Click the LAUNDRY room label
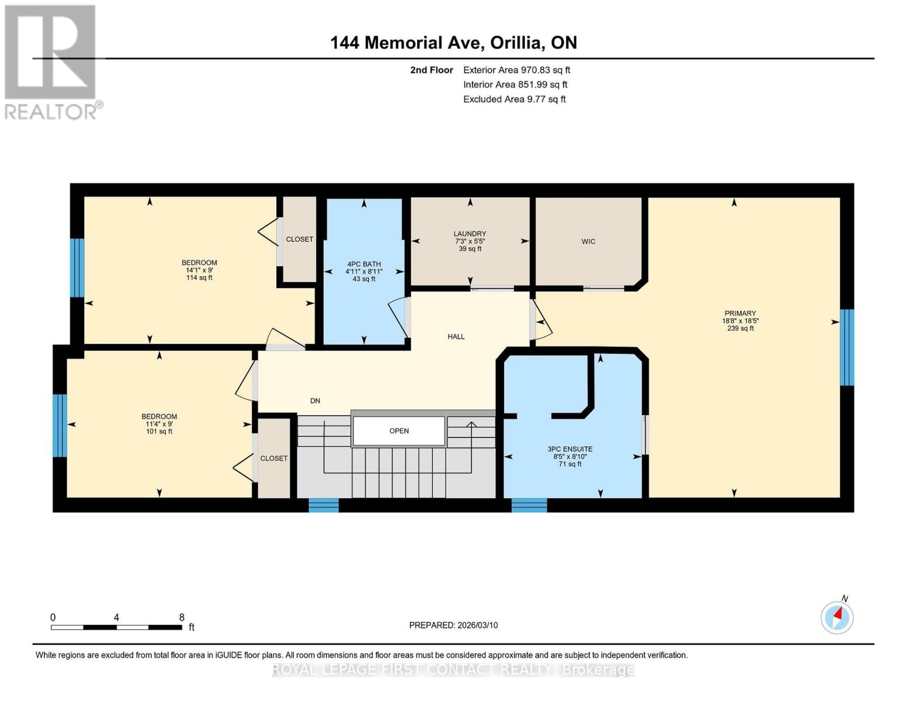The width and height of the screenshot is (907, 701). tap(470, 234)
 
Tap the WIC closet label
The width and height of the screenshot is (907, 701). tap(588, 242)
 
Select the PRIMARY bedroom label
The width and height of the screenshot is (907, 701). tap(740, 314)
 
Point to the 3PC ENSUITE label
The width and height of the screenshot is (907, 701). tap(570, 449)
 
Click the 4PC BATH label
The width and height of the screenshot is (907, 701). tap(363, 264)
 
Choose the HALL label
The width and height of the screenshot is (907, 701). tap(456, 336)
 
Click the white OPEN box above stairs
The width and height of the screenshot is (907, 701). tap(399, 431)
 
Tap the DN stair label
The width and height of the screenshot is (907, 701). tap(315, 401)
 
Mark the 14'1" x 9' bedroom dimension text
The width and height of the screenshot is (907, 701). tap(199, 270)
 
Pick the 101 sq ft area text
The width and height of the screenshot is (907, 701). tap(159, 432)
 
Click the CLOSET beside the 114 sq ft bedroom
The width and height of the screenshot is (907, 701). tap(300, 240)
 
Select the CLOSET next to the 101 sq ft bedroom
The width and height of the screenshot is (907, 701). tap(274, 459)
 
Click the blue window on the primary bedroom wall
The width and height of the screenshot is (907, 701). tap(847, 348)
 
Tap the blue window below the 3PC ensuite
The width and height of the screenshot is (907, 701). tap(529, 505)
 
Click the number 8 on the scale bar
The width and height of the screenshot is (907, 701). tap(182, 617)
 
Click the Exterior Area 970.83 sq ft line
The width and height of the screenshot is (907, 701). tap(516, 70)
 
